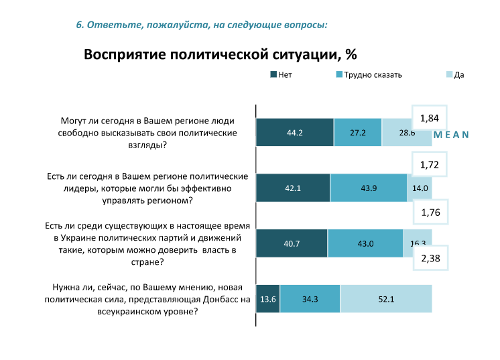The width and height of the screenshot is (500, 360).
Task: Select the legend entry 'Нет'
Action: click(281, 74)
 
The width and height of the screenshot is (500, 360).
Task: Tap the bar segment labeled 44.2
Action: click(295, 133)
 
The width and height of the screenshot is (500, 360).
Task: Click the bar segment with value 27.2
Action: click(358, 133)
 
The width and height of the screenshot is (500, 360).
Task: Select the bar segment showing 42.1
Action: click(293, 188)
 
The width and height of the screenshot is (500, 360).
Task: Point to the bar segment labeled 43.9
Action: click(369, 188)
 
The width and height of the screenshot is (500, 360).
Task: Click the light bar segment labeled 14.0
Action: click(420, 188)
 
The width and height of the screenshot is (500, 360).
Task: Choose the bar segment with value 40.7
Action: click(292, 243)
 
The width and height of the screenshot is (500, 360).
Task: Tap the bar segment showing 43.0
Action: click(365, 243)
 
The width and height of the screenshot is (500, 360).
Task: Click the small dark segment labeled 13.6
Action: click(268, 299)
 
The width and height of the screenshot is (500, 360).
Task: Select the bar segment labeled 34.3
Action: click(310, 299)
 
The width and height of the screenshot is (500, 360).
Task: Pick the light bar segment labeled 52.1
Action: click(386, 299)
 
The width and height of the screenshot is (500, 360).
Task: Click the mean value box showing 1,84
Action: click(429, 119)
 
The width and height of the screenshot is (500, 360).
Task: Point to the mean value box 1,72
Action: click(429, 164)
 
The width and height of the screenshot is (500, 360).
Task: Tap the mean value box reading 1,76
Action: click(430, 213)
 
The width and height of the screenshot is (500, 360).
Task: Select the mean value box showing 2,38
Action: click(430, 259)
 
